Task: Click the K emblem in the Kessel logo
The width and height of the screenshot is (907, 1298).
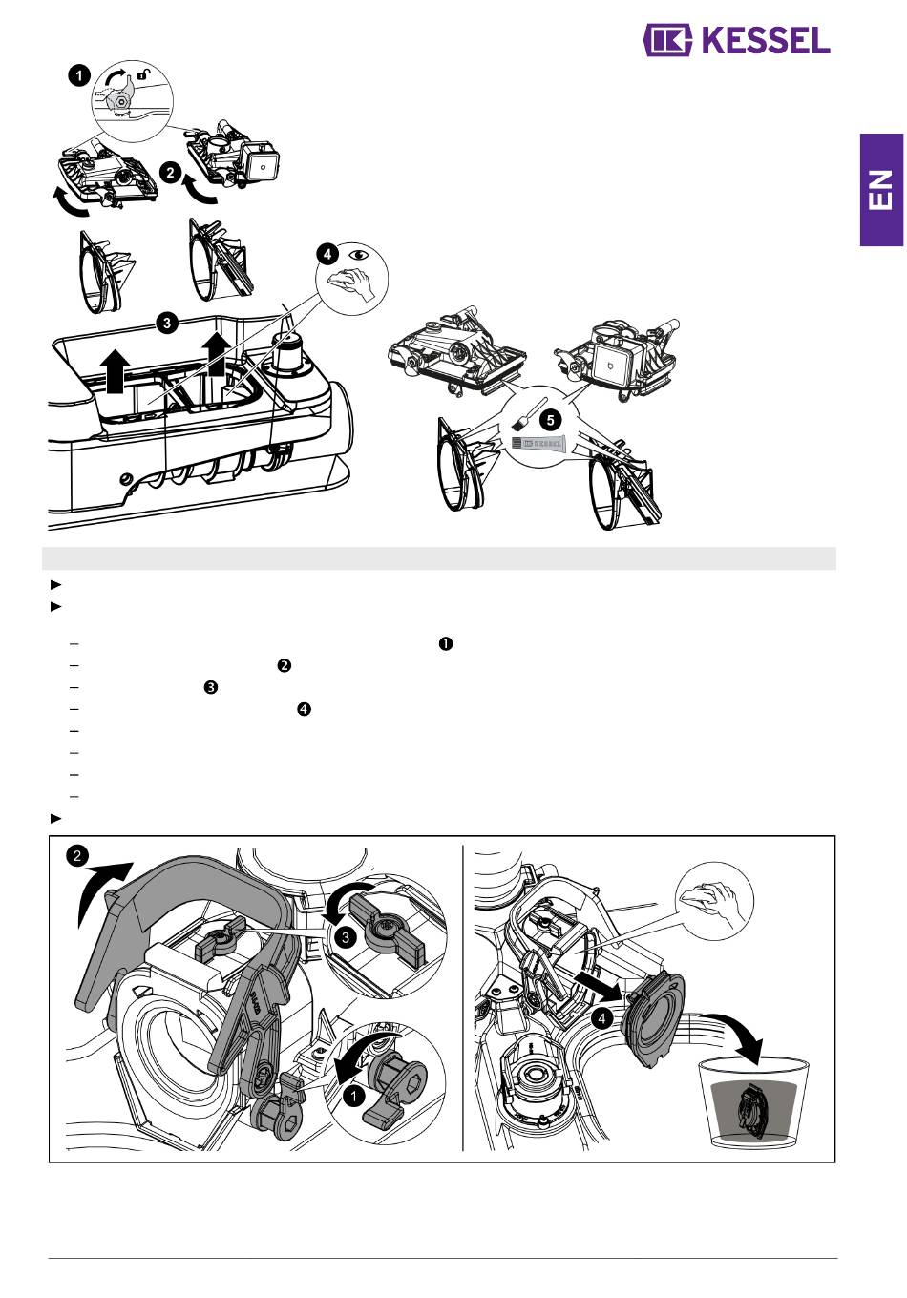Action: tap(667, 40)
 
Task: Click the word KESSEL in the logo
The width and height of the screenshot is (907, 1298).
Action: tap(766, 40)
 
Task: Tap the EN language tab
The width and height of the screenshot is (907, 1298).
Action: tap(881, 190)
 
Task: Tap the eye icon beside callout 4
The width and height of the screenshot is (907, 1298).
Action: tap(359, 255)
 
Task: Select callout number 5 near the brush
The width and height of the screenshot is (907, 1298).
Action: tap(550, 420)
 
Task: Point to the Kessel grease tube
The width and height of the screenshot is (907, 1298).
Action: tap(538, 443)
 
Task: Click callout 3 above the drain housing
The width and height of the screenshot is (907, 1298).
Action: tap(167, 323)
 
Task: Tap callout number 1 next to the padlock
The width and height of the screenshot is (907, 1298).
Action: tap(79, 76)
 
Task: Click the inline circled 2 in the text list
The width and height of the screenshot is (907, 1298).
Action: tap(284, 666)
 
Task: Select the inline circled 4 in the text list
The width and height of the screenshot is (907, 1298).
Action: tap(304, 709)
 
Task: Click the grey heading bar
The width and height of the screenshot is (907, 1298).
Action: tap(439, 558)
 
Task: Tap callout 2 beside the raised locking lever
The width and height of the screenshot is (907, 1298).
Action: tap(78, 856)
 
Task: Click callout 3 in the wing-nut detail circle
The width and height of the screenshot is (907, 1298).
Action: tap(346, 937)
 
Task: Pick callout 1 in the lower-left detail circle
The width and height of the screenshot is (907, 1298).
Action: tap(353, 1096)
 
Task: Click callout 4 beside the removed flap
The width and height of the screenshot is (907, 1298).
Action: tap(601, 1018)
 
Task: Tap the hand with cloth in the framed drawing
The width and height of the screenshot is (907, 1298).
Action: tap(711, 899)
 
